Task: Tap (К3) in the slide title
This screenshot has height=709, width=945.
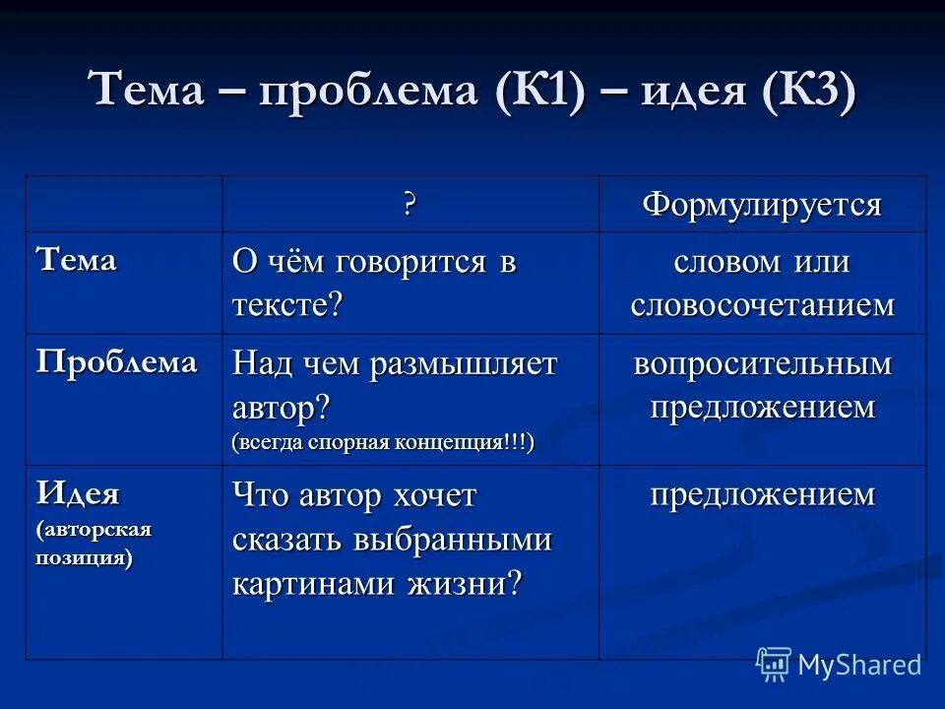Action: (806, 93)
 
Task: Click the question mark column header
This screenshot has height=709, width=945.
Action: (409, 205)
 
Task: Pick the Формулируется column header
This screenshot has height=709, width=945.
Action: (762, 205)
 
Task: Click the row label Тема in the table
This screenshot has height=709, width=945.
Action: (76, 261)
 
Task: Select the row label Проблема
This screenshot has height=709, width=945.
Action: (116, 361)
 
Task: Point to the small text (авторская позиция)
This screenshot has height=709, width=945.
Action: (94, 543)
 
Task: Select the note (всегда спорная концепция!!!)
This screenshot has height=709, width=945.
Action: (383, 442)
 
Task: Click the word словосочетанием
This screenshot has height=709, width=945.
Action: (762, 305)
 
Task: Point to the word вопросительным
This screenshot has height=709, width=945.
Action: (762, 363)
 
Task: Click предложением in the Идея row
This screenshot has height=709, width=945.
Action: (762, 494)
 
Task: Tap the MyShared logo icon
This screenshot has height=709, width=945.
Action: (774, 664)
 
